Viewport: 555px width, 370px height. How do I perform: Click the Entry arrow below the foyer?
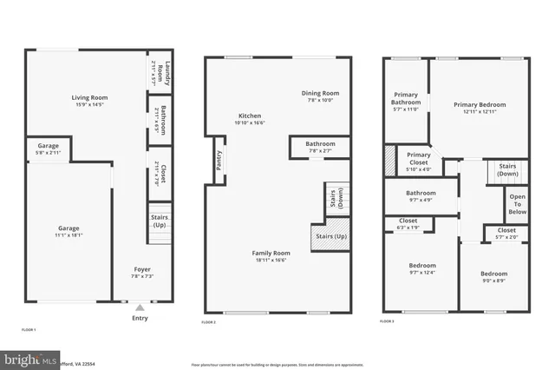(x=140, y=307)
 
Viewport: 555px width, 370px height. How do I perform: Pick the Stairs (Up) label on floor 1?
(x=160, y=222)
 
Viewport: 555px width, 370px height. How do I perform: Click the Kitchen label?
(x=249, y=119)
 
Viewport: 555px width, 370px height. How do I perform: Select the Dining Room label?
(x=319, y=96)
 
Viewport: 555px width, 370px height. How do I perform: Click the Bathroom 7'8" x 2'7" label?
(x=320, y=147)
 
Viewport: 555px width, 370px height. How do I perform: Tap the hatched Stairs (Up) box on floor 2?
(x=330, y=237)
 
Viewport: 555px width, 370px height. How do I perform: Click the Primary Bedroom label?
(x=479, y=108)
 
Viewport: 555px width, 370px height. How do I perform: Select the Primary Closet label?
(x=418, y=161)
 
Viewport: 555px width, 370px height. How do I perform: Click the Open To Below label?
(x=517, y=204)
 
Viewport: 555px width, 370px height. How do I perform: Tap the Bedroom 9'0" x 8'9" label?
(x=493, y=278)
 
